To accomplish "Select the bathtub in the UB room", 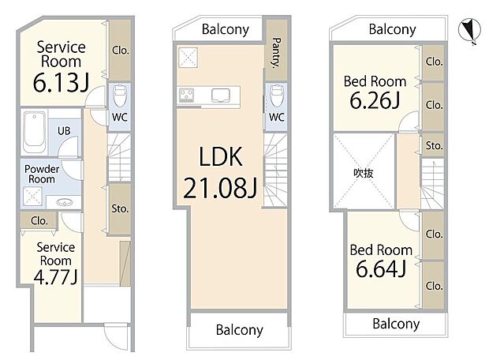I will (x=35, y=133).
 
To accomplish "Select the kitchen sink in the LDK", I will (x=221, y=96).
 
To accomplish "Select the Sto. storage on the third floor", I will (x=434, y=145).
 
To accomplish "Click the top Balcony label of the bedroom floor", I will (x=392, y=30).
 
